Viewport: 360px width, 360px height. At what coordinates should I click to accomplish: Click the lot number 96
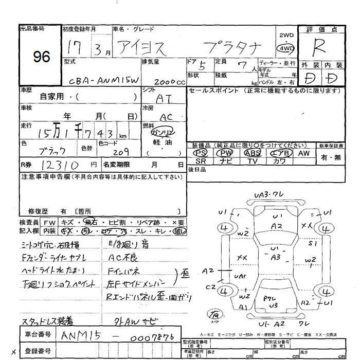click(x=40, y=56)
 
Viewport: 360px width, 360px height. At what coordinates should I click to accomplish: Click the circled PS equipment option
click(x=202, y=153)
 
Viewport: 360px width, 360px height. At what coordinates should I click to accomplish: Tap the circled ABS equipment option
click(x=253, y=153)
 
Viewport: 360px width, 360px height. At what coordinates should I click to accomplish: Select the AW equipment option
click(x=303, y=153)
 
